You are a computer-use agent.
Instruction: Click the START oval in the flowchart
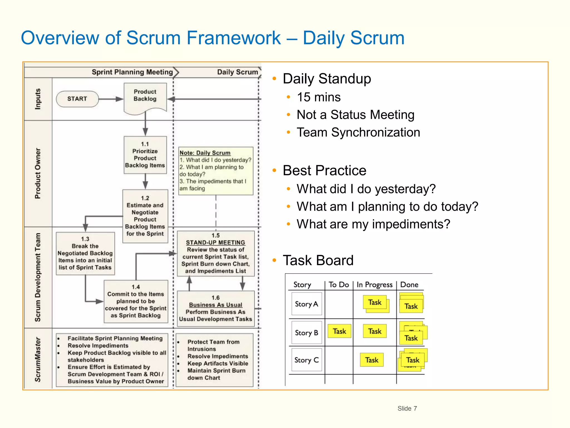(77, 99)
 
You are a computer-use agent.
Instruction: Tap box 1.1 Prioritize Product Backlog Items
(145, 155)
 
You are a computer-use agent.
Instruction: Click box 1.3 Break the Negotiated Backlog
(85, 253)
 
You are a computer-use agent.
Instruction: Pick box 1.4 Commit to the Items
(136, 301)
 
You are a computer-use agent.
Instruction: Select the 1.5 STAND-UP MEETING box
(216, 253)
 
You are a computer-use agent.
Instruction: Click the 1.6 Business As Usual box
(216, 308)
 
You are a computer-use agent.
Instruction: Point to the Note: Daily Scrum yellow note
(216, 171)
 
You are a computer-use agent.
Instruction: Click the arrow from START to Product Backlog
(111, 99)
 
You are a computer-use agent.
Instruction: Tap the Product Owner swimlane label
(38, 173)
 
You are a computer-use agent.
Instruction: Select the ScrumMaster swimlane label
(38, 359)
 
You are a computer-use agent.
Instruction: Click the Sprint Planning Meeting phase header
(132, 72)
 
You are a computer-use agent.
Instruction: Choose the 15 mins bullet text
(318, 97)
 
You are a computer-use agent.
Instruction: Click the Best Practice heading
(324, 170)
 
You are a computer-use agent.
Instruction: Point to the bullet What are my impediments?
(373, 224)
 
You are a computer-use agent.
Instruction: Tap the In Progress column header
(374, 284)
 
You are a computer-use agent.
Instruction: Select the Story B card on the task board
(306, 333)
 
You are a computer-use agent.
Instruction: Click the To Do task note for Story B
(339, 331)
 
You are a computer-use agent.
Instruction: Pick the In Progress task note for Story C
(372, 360)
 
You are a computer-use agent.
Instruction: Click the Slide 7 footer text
(407, 408)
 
